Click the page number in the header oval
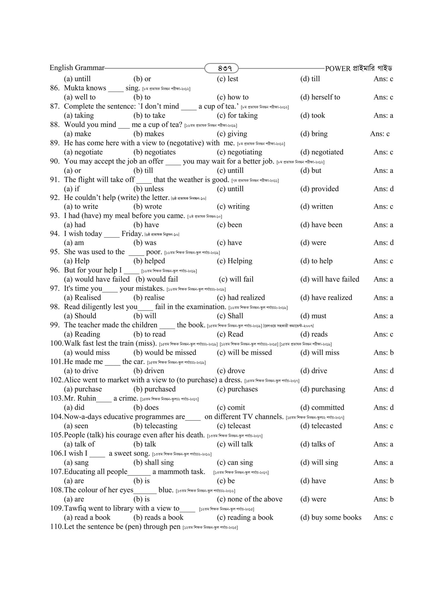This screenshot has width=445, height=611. click(221, 68)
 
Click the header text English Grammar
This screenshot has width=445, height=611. click(77, 68)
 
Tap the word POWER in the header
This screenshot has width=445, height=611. click(338, 69)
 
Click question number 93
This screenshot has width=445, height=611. click(55, 216)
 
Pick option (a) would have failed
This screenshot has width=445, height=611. click(97, 279)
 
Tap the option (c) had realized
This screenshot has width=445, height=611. click(241, 298)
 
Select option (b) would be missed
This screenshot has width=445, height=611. click(165, 353)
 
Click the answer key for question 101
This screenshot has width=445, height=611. click(384, 371)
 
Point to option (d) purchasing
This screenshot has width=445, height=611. click(323, 389)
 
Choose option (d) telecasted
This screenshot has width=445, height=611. click(321, 426)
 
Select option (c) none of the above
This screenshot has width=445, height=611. click(249, 499)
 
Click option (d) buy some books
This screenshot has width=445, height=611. click(331, 518)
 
